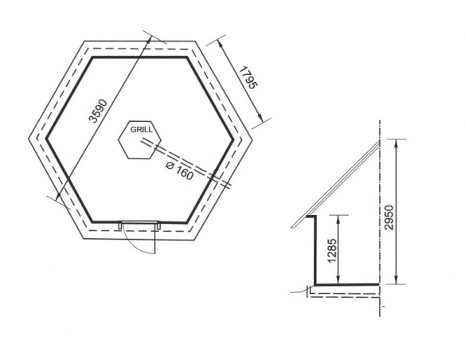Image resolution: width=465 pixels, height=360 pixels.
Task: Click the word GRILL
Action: (x=142, y=130)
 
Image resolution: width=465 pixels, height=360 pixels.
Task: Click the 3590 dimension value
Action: (x=98, y=111)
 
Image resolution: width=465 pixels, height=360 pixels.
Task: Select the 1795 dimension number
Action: (x=248, y=78)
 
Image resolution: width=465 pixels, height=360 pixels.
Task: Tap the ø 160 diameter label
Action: (x=180, y=171)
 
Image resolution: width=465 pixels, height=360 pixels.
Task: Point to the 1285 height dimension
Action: (x=333, y=250)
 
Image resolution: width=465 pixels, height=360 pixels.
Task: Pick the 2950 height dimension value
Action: (x=389, y=217)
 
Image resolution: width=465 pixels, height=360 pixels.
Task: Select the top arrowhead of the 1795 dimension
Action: (x=220, y=44)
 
